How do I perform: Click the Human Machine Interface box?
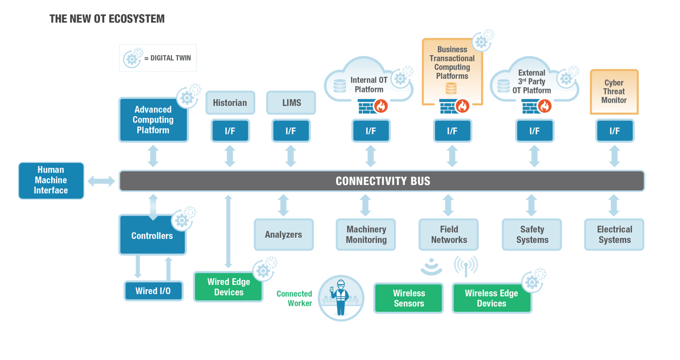coord(51,181)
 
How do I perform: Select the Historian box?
coord(230,103)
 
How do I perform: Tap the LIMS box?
coord(291,103)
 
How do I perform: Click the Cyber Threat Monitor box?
coord(614,91)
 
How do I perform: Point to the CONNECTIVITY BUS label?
coord(383,181)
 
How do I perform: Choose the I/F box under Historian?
coord(230,131)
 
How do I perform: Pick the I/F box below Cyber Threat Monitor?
coord(615,131)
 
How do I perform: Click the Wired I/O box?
coord(152,291)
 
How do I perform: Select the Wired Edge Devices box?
coord(228,287)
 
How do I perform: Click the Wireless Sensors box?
coord(409,298)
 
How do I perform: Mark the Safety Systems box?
coord(532,235)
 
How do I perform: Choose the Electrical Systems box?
coord(614,235)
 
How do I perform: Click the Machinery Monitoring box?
coord(366,235)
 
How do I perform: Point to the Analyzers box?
coord(283,235)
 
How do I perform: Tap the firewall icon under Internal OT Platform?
coord(370,106)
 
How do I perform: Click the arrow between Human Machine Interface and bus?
coord(101,181)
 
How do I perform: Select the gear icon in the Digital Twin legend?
coord(131,58)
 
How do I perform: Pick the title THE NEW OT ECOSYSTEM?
coord(106,19)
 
